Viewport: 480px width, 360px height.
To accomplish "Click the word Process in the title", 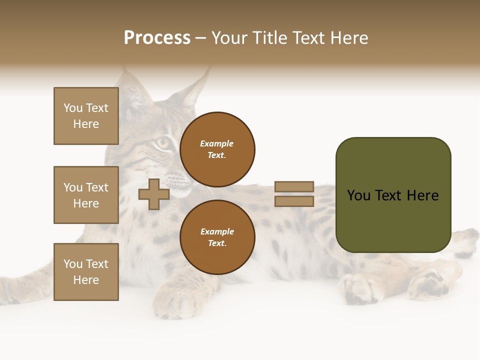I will [x=157, y=38].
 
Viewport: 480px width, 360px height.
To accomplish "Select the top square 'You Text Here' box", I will [x=86, y=116].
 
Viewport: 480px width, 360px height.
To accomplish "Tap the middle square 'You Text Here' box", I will [x=86, y=195].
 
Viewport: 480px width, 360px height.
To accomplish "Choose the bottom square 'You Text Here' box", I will [x=86, y=272].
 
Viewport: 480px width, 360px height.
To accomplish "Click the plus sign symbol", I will [x=154, y=194].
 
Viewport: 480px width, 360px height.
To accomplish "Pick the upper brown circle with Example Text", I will [x=217, y=149].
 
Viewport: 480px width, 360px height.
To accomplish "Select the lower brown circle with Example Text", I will [x=217, y=237].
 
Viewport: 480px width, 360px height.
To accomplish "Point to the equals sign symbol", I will [x=294, y=194].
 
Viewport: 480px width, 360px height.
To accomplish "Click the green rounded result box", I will [x=393, y=195].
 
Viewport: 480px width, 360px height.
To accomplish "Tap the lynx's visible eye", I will [x=162, y=143].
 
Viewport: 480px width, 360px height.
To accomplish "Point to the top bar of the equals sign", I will [x=294, y=186].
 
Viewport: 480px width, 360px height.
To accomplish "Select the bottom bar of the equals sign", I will [x=294, y=201].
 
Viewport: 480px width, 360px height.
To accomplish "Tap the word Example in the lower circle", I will [x=217, y=231].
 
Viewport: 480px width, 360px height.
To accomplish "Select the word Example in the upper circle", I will [x=217, y=143].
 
